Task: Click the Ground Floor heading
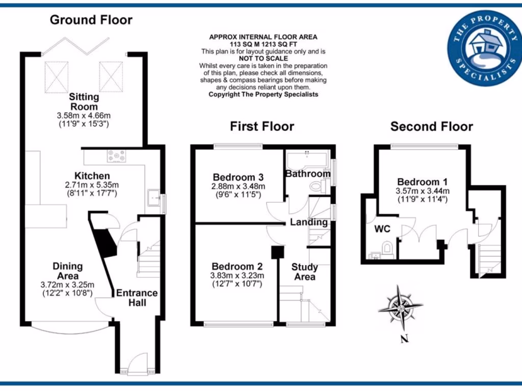91,20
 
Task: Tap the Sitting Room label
84,102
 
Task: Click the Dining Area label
68,271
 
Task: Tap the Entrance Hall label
137,298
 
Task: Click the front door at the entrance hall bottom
136,366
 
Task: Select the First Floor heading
262,126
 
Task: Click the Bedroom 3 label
238,177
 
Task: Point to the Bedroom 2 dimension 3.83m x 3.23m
237,276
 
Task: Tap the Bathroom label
308,174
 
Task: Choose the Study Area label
305,272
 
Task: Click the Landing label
309,222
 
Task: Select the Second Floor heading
431,126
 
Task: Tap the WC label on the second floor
382,229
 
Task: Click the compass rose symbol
400,306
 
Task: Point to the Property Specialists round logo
482,48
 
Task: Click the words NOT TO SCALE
263,59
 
